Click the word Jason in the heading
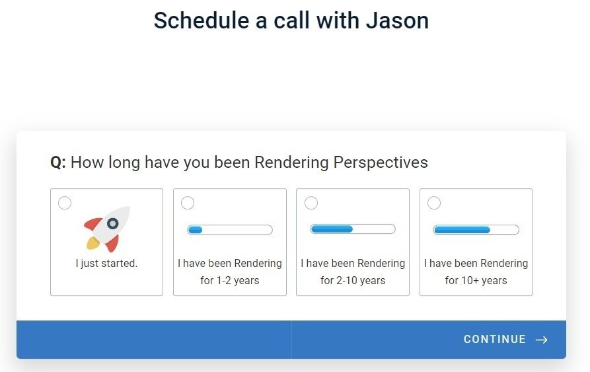(x=397, y=20)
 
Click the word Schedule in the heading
(x=202, y=20)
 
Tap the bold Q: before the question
(x=58, y=163)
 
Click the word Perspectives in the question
(x=381, y=163)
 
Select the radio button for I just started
(x=65, y=203)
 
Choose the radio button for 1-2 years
(x=188, y=203)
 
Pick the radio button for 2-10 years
(x=311, y=203)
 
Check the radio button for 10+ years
(x=434, y=203)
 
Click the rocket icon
(x=107, y=229)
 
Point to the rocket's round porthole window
(x=112, y=224)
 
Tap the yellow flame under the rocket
(x=93, y=243)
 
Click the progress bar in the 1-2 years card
(x=230, y=230)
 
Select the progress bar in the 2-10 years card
(x=353, y=229)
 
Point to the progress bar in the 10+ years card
(x=476, y=230)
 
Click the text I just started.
(x=106, y=263)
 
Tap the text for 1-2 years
(x=230, y=281)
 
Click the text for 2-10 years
(x=353, y=281)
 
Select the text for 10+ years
(x=476, y=281)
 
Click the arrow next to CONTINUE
(x=542, y=340)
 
